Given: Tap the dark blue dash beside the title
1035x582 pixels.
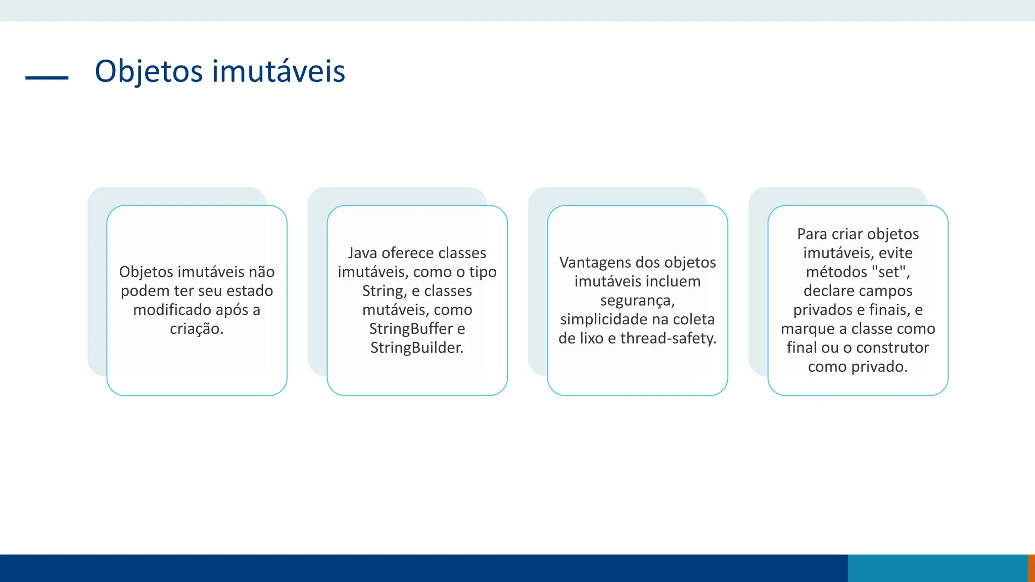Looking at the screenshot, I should click(46, 78).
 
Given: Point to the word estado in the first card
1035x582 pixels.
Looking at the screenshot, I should click(250, 291).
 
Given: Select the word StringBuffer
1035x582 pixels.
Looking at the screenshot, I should click(410, 329).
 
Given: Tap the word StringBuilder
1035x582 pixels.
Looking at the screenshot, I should click(416, 348).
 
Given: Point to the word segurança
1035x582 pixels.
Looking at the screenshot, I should click(637, 301).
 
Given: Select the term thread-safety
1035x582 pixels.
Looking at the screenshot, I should click(668, 338).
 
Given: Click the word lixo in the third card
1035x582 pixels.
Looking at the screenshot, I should click(590, 338).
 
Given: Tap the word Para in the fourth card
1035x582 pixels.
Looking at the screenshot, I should click(812, 234).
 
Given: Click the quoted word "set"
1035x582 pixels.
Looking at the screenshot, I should click(890, 272).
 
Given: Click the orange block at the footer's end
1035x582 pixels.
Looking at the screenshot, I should click(1031, 568).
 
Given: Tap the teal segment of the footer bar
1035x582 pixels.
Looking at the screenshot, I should click(937, 568).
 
